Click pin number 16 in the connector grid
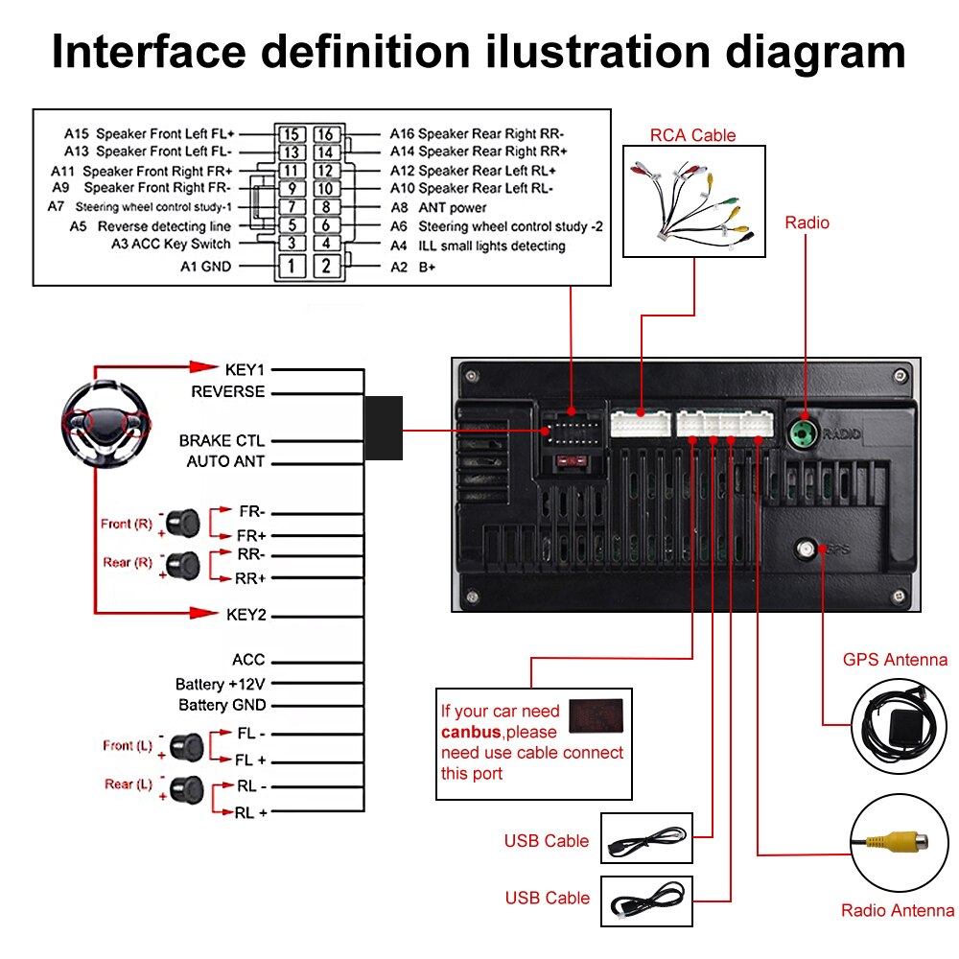[325, 134]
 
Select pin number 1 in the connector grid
[292, 266]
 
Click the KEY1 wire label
[245, 369]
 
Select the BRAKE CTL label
[222, 441]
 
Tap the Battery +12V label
[220, 684]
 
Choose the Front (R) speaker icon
[180, 524]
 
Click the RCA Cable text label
[692, 135]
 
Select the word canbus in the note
[471, 733]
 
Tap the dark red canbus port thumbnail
[595, 715]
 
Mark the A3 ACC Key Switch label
[171, 244]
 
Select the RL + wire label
[251, 812]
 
